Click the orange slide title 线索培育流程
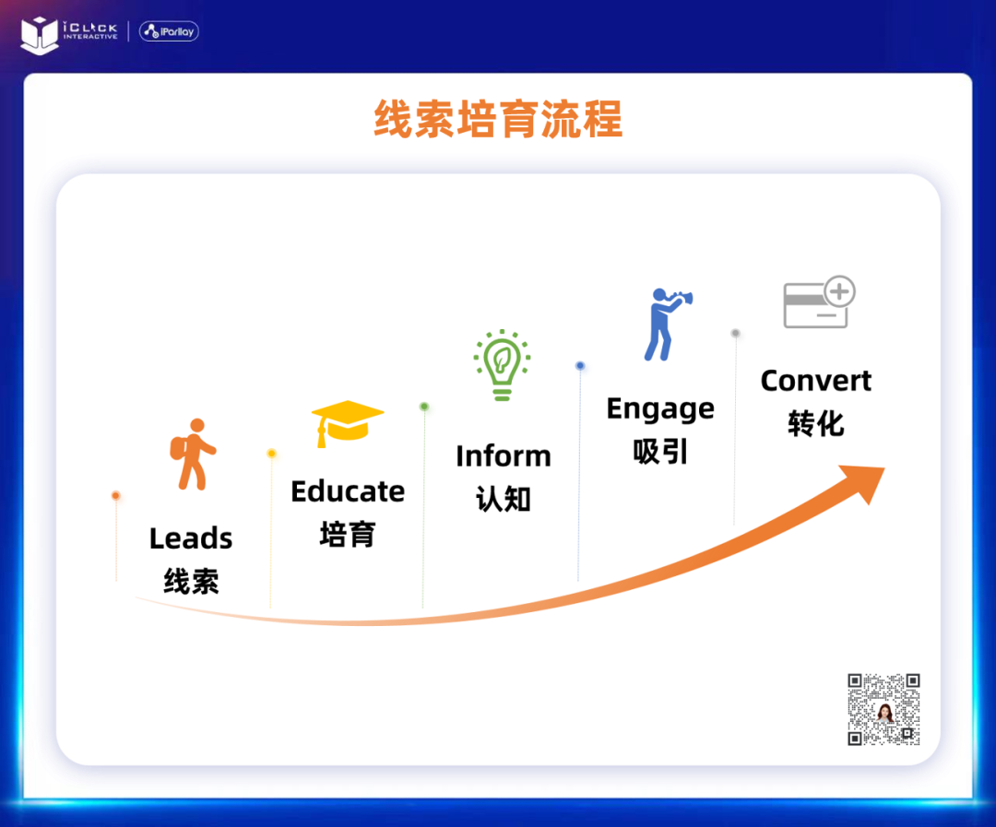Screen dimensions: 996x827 point(498,119)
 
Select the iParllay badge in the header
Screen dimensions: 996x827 point(169,31)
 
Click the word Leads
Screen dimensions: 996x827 point(191,538)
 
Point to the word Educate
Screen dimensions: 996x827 point(348,491)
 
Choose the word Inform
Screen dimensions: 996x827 point(504,456)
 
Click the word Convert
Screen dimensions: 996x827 point(815,381)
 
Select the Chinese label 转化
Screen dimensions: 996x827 point(816,424)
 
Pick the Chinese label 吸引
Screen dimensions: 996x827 point(660,453)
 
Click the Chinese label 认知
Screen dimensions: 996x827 point(504,499)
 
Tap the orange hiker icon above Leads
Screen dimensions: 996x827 point(193,455)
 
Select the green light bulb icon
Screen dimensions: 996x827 point(502,364)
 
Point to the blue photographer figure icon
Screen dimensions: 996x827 point(668,325)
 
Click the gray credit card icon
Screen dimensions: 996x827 point(820,301)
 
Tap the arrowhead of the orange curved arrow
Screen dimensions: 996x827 point(865,481)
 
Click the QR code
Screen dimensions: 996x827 point(883,709)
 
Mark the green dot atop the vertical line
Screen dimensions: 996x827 point(424,407)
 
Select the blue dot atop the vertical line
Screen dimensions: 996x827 point(580,366)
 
